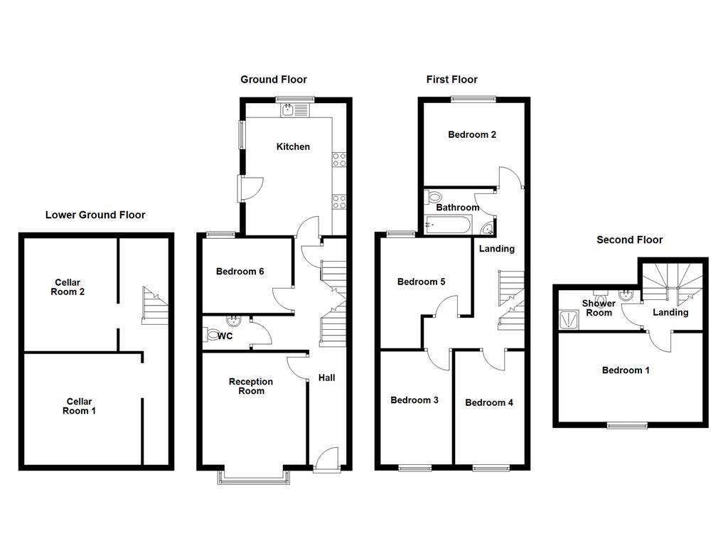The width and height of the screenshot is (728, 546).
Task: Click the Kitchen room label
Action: [293, 146]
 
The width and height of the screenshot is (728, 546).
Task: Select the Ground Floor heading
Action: [274, 80]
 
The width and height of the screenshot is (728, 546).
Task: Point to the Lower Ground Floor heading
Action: [95, 215]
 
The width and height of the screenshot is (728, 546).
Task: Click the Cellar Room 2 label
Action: [68, 287]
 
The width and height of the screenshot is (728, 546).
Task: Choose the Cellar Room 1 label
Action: [78, 406]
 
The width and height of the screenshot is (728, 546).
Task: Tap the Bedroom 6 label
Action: [240, 272]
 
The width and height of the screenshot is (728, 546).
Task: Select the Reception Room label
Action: [251, 386]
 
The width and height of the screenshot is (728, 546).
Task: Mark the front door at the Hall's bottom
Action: [327, 459]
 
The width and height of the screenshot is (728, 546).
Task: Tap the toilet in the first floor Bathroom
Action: [433, 197]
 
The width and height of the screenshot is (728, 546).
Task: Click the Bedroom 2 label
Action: [472, 134]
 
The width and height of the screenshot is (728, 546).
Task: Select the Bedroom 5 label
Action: [422, 282]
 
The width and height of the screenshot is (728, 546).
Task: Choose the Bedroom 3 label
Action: [414, 400]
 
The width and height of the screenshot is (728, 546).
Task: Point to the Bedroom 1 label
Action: [626, 370]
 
